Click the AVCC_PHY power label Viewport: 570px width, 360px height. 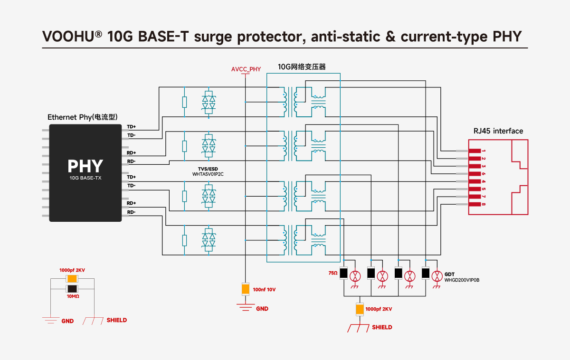coord(246,69)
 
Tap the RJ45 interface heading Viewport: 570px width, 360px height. coord(498,131)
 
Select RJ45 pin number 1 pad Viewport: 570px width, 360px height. coord(475,151)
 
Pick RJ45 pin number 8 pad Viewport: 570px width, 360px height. coord(475,204)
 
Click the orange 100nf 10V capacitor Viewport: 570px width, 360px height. coord(245,289)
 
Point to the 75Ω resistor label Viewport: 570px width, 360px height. coord(333,273)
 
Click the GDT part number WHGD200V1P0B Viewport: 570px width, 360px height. coord(462,280)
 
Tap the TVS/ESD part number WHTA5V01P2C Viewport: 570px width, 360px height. coord(208,174)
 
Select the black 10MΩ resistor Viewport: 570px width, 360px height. coord(72,289)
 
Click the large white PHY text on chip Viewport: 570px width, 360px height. coord(85,166)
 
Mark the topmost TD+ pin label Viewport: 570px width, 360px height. coord(131,127)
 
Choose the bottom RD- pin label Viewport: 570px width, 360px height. coord(131,212)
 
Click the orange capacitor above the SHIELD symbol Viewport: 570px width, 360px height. coord(360,309)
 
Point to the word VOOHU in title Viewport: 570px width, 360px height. coord(68,37)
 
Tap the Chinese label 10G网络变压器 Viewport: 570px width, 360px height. coord(302,67)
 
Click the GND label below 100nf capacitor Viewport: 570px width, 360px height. coord(262,309)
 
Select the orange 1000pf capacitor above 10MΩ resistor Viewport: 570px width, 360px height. coord(72,279)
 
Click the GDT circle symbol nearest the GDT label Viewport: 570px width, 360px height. coord(437,276)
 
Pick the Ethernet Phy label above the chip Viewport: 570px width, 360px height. coord(83,117)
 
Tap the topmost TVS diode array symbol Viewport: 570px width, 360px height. coord(209,102)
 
